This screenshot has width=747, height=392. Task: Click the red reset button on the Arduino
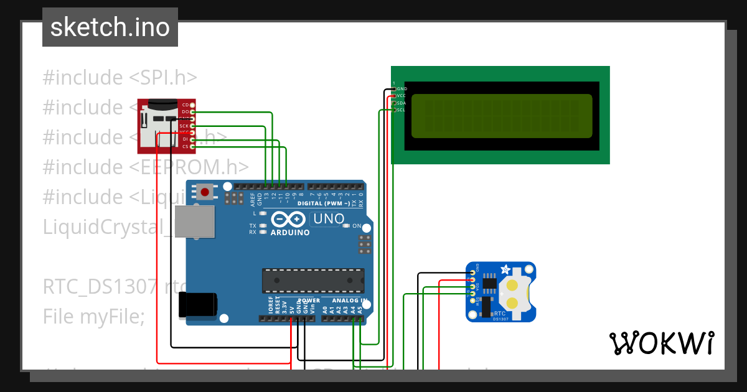click(x=204, y=192)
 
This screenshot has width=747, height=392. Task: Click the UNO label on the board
click(x=328, y=219)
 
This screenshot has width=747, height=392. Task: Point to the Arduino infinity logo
click(x=289, y=220)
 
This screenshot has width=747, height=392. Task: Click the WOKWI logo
click(x=661, y=343)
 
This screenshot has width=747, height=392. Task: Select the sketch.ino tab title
click(x=110, y=27)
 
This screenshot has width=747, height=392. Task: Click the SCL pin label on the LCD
click(x=401, y=110)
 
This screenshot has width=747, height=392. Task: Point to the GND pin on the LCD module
click(x=401, y=89)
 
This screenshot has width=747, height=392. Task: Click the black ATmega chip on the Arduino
click(x=312, y=280)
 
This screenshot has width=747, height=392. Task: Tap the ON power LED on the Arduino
click(x=346, y=226)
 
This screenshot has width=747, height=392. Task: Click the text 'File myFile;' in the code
click(x=93, y=317)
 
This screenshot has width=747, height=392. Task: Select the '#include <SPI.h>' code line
click(x=120, y=78)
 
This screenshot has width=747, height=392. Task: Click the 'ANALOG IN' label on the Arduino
click(x=349, y=301)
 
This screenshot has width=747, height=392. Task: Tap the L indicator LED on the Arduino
click(x=263, y=213)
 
